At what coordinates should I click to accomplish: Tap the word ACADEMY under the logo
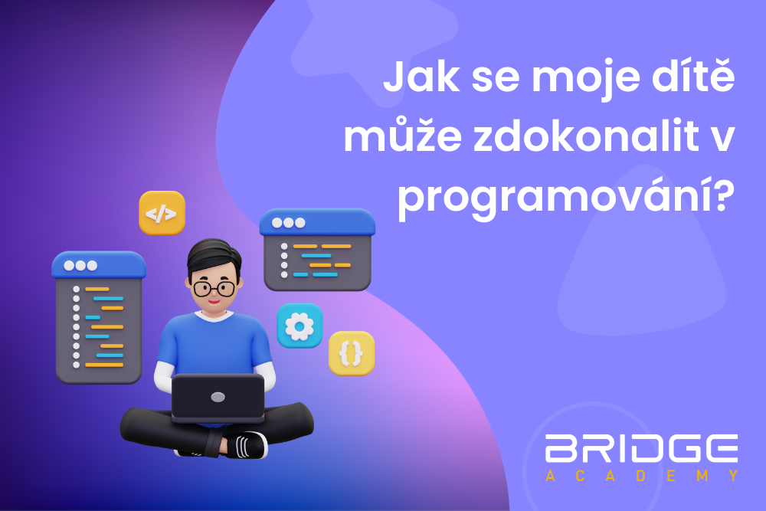(642, 477)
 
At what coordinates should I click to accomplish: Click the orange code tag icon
(162, 212)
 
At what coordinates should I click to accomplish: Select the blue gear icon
(299, 326)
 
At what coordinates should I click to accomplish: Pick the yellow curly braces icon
(352, 353)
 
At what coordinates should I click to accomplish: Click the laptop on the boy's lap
(218, 397)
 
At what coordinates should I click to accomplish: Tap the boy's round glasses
(214, 289)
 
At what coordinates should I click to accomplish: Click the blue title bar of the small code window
(317, 223)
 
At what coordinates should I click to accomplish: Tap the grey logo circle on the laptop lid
(218, 397)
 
